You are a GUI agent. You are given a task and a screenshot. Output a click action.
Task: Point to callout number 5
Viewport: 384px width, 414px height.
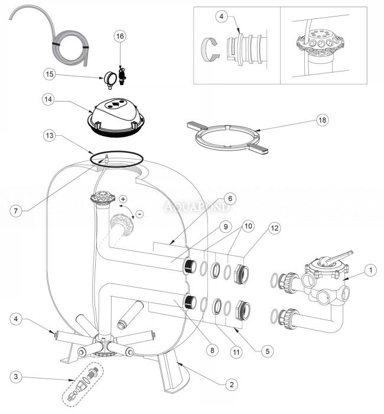click(267, 350)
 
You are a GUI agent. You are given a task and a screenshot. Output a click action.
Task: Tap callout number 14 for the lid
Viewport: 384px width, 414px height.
click(49, 99)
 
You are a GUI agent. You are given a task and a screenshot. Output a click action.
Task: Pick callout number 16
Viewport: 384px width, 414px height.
click(120, 37)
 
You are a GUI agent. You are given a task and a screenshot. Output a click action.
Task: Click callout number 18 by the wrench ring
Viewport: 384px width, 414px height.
click(322, 120)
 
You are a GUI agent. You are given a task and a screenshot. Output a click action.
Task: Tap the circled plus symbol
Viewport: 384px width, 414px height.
click(123, 199)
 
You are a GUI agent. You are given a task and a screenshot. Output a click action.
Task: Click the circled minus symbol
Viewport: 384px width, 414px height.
click(139, 213)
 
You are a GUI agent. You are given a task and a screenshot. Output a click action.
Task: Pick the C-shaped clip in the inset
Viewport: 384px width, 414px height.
click(210, 48)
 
